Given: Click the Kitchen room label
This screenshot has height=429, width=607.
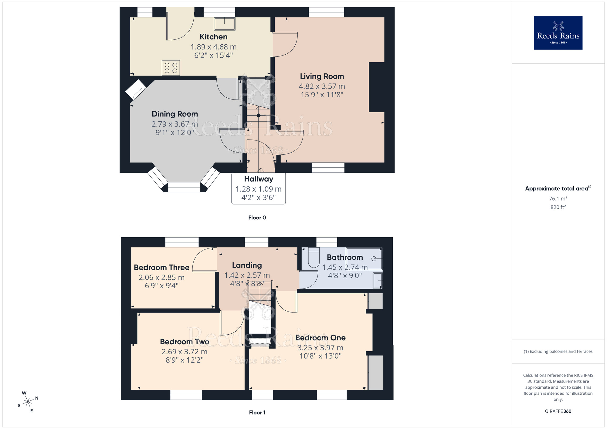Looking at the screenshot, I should point(213,37).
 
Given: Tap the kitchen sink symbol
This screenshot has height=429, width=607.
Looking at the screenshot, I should point(225,24).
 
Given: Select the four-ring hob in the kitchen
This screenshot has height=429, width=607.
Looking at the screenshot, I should point(171,68).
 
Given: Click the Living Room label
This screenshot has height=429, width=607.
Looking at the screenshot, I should point(322,76).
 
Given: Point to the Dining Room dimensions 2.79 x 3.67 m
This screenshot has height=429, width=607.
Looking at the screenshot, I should point(175,124).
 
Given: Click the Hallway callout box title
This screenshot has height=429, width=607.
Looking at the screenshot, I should point(259,179).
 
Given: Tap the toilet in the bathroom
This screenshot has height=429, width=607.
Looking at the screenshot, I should point(314,258).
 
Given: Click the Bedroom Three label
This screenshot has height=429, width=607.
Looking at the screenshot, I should point(161,267).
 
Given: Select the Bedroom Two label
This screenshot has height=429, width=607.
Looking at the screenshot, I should point(185,342).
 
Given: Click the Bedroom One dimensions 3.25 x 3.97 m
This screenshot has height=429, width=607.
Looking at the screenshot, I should point(320,348).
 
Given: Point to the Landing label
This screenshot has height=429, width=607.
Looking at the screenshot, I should point(247,265).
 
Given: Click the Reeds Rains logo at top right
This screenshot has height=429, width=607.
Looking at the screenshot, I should point(558,33).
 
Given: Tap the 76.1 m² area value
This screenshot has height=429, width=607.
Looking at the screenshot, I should point(558,199).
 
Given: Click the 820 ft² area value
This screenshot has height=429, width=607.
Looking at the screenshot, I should point(558,207).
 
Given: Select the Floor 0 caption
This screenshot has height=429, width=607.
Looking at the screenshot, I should point(257,218).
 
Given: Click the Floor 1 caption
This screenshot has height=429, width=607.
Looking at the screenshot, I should point(257,412).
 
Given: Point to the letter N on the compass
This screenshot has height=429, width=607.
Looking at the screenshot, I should point(37,398).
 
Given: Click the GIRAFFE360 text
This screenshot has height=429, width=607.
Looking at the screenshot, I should point(558,411).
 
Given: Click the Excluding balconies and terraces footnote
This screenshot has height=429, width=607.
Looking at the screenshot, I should point(558,351).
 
